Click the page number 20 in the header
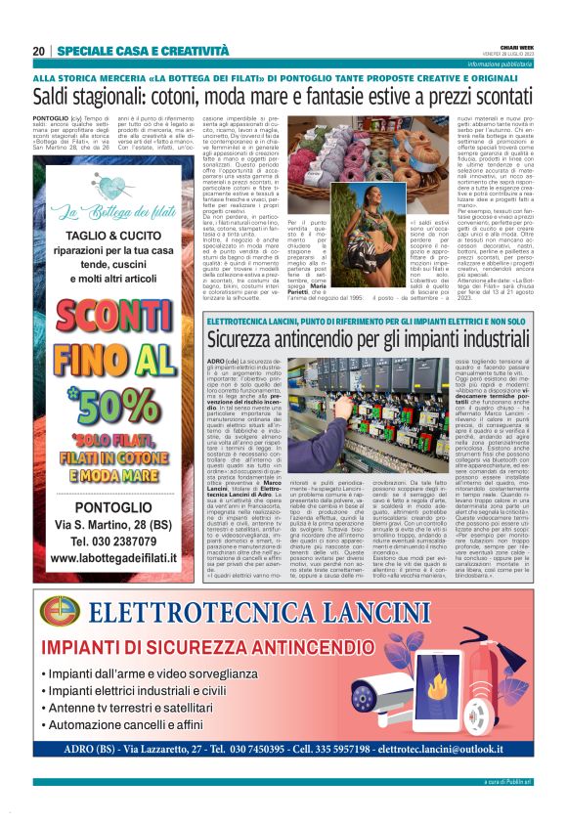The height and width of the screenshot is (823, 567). tap(39, 51)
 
